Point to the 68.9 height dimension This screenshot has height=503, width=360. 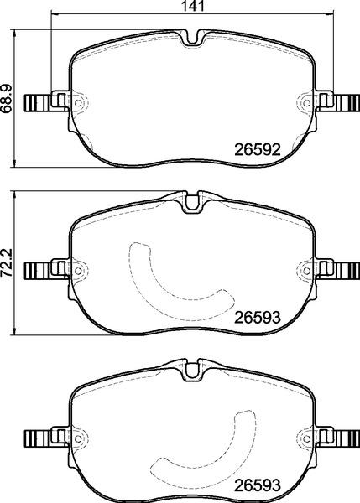coord(8,98)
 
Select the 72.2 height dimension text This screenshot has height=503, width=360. coord(8,262)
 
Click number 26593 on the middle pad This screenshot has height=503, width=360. coord(255,318)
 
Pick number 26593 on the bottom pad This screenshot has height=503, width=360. coord(255,484)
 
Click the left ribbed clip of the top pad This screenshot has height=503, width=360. coord(36,104)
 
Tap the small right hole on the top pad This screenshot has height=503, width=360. coord(305,105)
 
